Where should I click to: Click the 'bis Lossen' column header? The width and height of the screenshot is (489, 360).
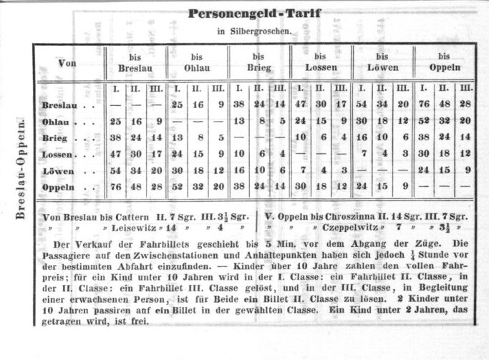coord(320,62)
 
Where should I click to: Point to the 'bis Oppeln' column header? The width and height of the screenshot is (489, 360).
coord(445,62)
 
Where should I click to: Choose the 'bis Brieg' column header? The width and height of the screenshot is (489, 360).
coord(258,62)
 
